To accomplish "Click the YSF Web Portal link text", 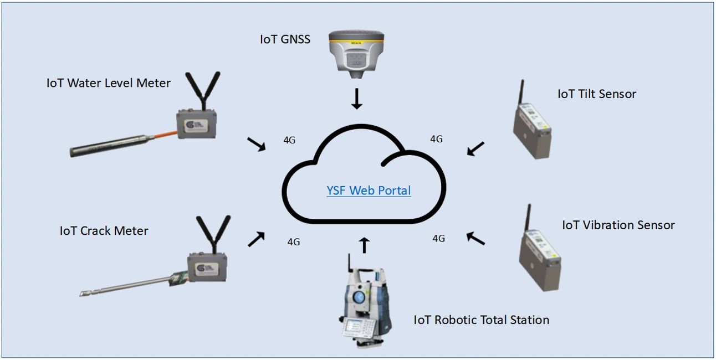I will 369,191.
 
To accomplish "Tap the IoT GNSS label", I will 285,39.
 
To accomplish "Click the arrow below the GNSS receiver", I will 357,99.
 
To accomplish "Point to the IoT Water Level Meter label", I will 109,84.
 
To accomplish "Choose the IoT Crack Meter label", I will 104,230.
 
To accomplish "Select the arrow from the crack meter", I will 256,239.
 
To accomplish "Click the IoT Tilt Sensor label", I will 597,94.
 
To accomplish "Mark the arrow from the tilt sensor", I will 475,148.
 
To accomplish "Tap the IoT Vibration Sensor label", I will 618,225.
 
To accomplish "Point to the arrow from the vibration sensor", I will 475,238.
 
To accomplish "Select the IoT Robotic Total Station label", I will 481,320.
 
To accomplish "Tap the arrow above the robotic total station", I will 364,245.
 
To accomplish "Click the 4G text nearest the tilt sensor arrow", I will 436,139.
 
